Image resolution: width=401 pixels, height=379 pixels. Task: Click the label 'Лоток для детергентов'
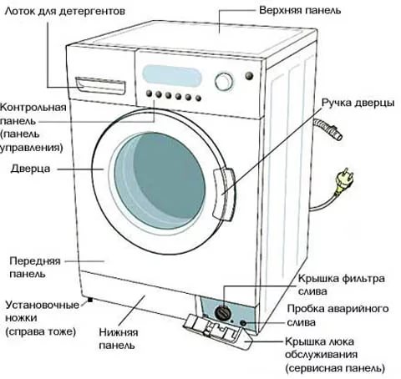pyautogui.click(x=65, y=12)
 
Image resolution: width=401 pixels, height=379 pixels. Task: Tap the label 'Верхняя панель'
pyautogui.click(x=300, y=11)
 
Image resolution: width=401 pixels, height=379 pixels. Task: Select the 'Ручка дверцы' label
pyautogui.click(x=358, y=103)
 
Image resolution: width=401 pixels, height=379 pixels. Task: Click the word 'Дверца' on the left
pyautogui.click(x=30, y=169)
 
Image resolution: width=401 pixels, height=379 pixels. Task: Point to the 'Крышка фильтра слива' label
pyautogui.click(x=341, y=285)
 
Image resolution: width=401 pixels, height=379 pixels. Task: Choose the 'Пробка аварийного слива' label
pyautogui.click(x=338, y=316)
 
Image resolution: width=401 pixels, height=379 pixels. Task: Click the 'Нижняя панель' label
pyautogui.click(x=119, y=339)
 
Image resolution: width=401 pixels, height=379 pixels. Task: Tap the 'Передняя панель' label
pyautogui.click(x=35, y=267)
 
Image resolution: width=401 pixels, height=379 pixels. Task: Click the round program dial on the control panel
pyautogui.click(x=224, y=82)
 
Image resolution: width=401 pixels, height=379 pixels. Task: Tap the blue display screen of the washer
pyautogui.click(x=172, y=76)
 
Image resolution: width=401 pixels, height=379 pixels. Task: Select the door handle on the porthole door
pyautogui.click(x=224, y=195)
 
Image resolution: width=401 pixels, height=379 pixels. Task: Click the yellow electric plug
pyautogui.click(x=344, y=181)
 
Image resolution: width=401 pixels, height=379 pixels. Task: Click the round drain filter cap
pyautogui.click(x=223, y=313)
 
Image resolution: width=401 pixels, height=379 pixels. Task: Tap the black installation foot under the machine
pyautogui.click(x=89, y=300)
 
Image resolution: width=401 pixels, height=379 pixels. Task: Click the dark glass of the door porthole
pyautogui.click(x=160, y=181)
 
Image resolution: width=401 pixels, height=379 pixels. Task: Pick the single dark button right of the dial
pyautogui.click(x=249, y=76)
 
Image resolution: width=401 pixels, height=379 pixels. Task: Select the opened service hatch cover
pyautogui.click(x=217, y=331)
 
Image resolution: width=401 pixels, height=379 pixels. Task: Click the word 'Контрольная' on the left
pyautogui.click(x=33, y=108)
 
